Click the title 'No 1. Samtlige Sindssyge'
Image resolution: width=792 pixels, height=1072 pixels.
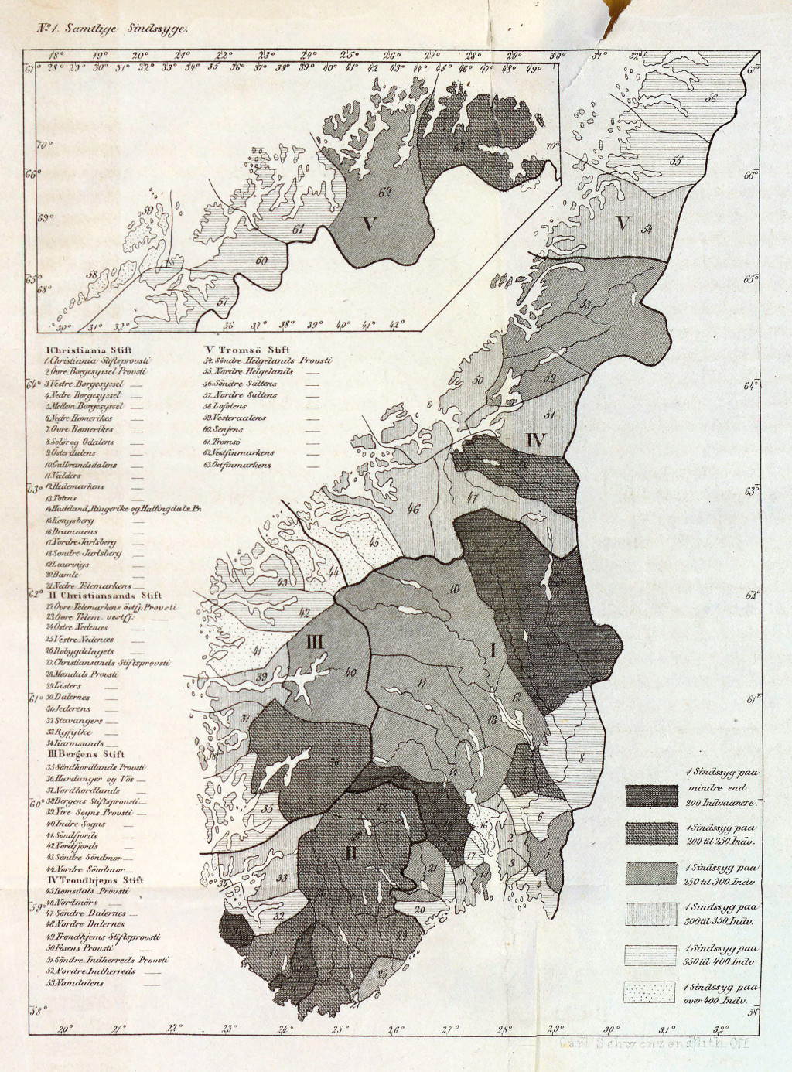[x=108, y=26]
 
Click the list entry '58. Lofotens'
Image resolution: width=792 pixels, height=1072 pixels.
[x=225, y=405]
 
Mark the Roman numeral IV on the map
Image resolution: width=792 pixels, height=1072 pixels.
[x=535, y=441]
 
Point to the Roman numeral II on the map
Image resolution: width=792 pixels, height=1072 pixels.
[x=350, y=854]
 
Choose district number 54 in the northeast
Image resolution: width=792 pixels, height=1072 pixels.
[x=647, y=228]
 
